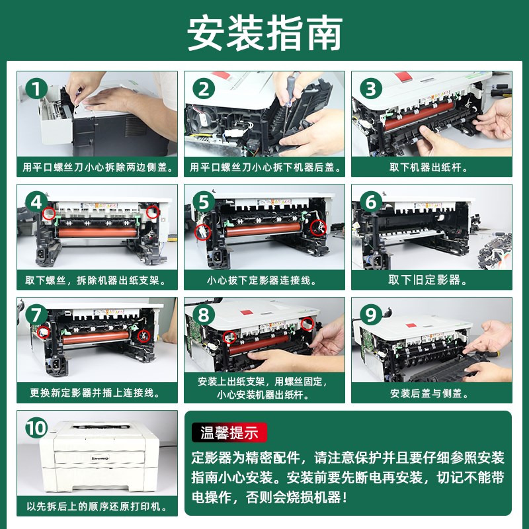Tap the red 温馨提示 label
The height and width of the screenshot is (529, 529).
click(x=229, y=433)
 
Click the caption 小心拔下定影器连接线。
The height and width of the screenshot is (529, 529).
click(x=264, y=280)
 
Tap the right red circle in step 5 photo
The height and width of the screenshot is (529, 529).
click(x=318, y=228)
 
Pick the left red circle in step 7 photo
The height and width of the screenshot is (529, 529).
click(x=44, y=331)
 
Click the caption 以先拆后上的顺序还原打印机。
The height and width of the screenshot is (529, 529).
click(x=97, y=507)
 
